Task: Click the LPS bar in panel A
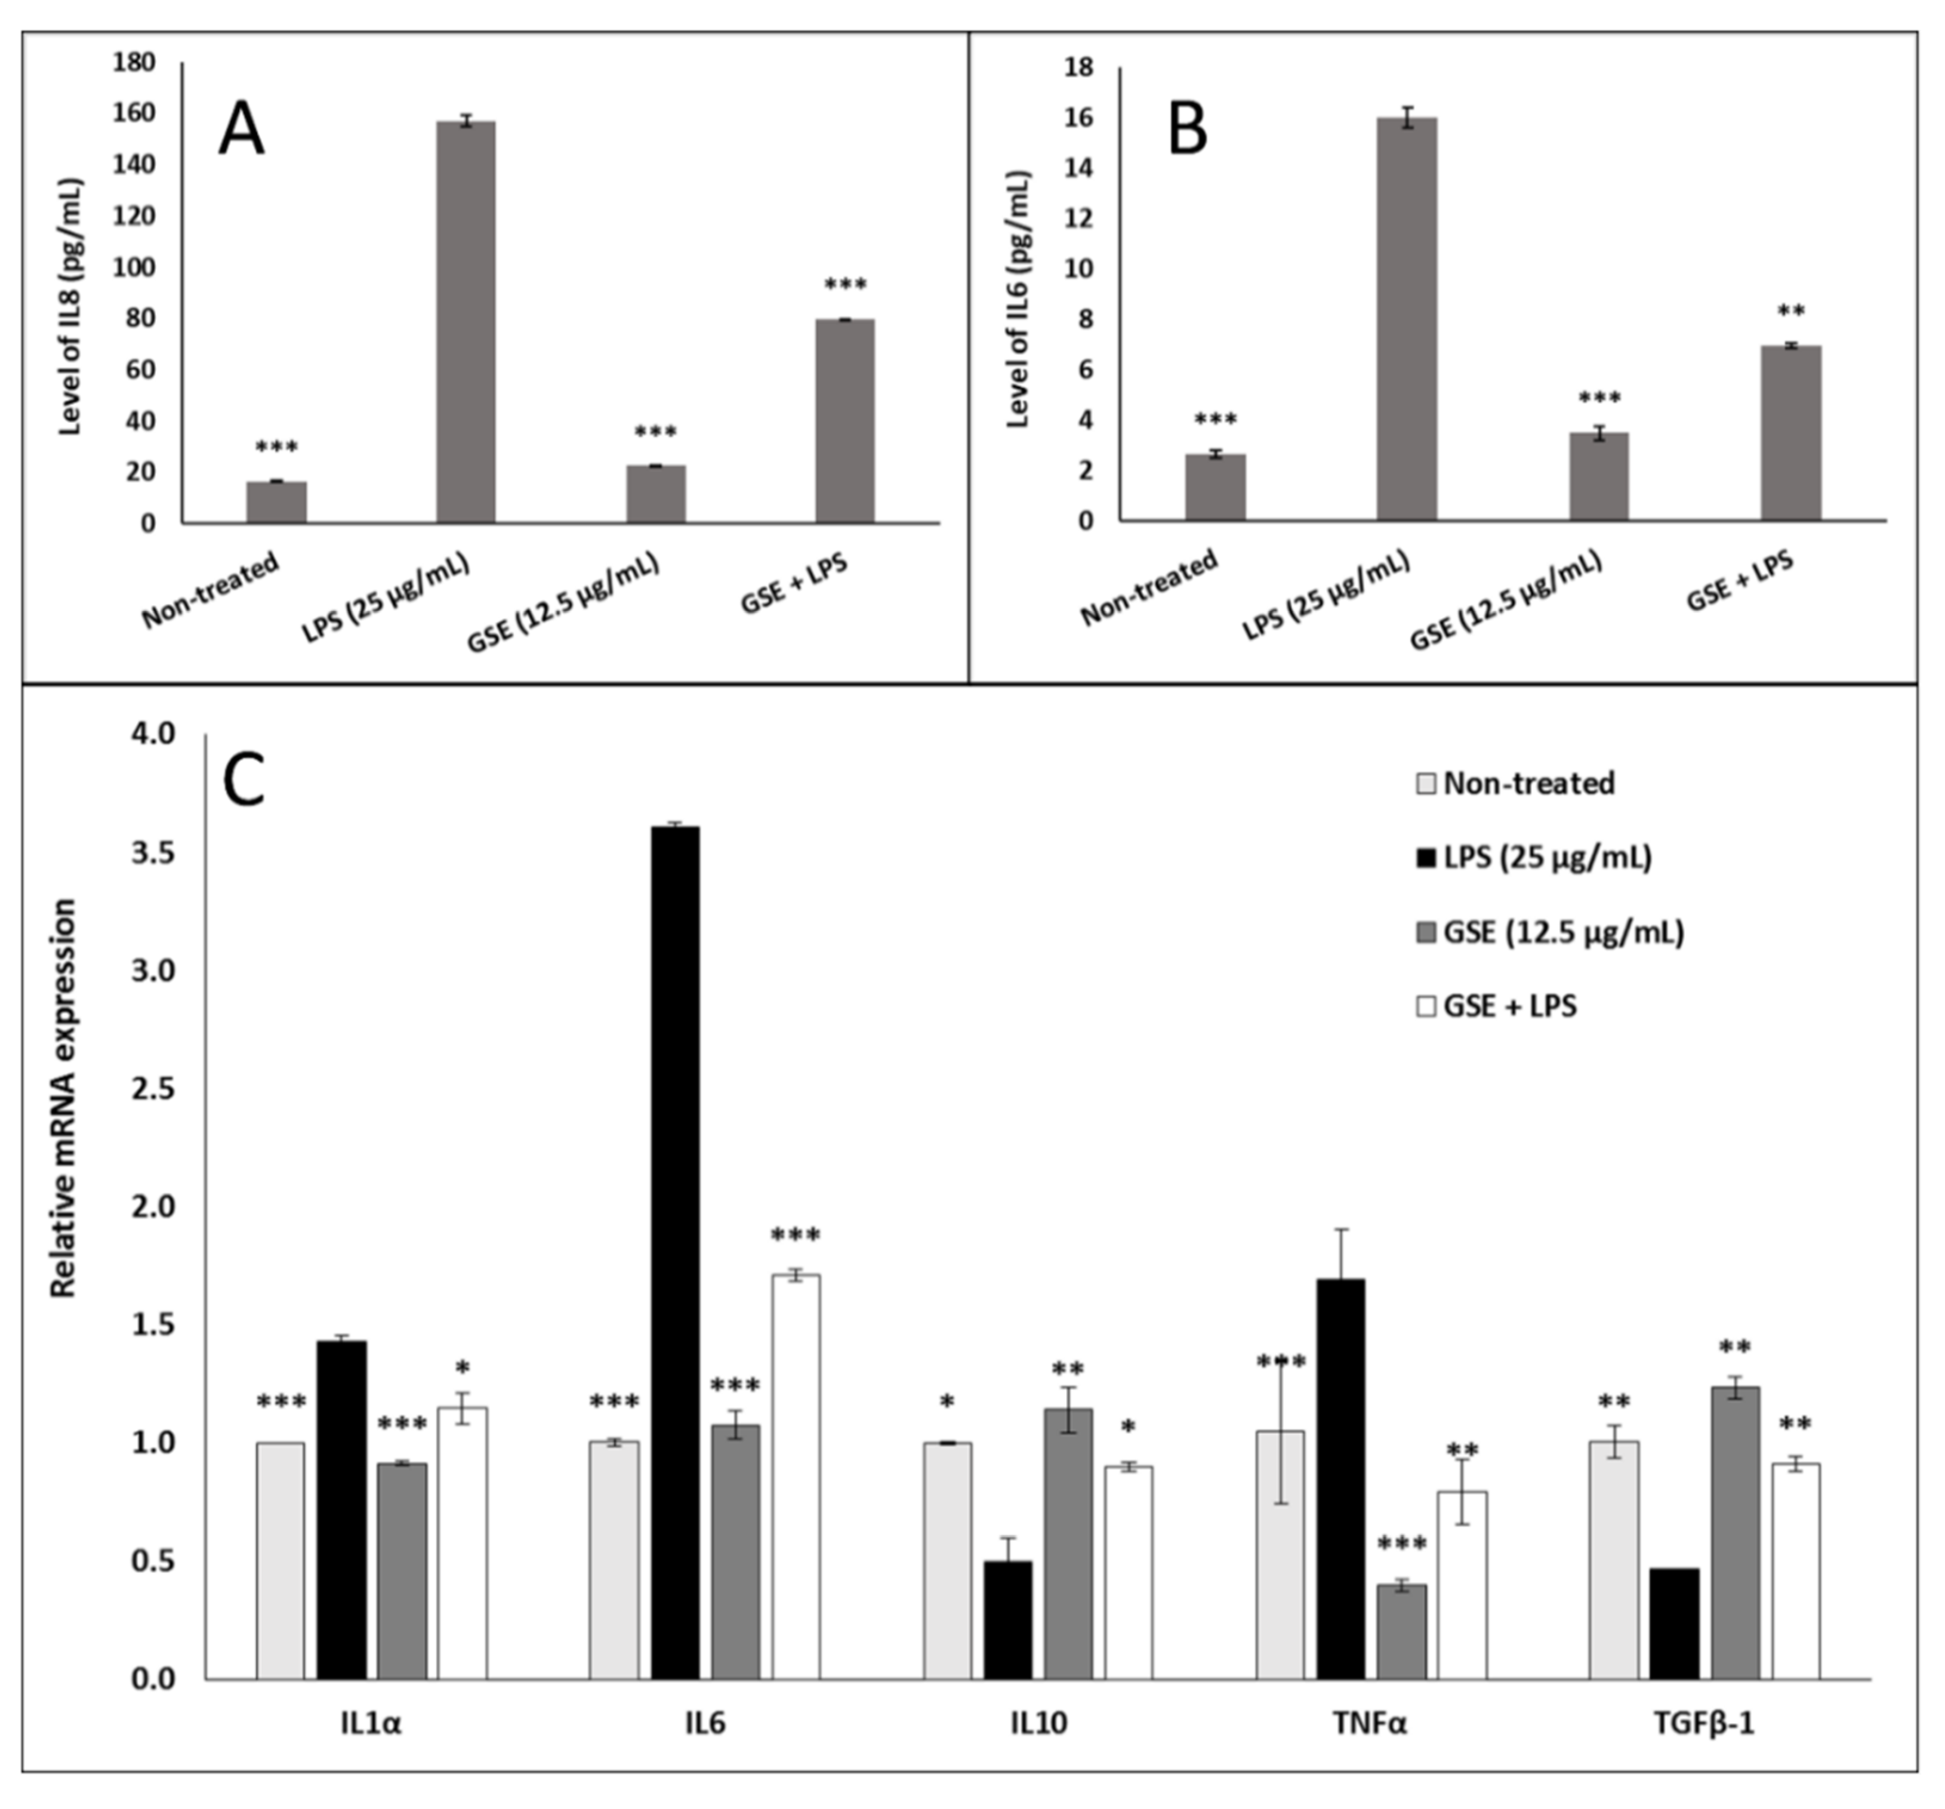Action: [x=466, y=323]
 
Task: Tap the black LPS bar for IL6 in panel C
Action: [x=675, y=1252]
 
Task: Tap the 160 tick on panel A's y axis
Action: [x=134, y=113]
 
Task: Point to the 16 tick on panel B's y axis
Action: [x=1079, y=118]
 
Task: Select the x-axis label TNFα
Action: [x=1370, y=1751]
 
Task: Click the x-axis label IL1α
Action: [x=371, y=1751]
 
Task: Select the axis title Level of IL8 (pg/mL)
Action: [x=69, y=306]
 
